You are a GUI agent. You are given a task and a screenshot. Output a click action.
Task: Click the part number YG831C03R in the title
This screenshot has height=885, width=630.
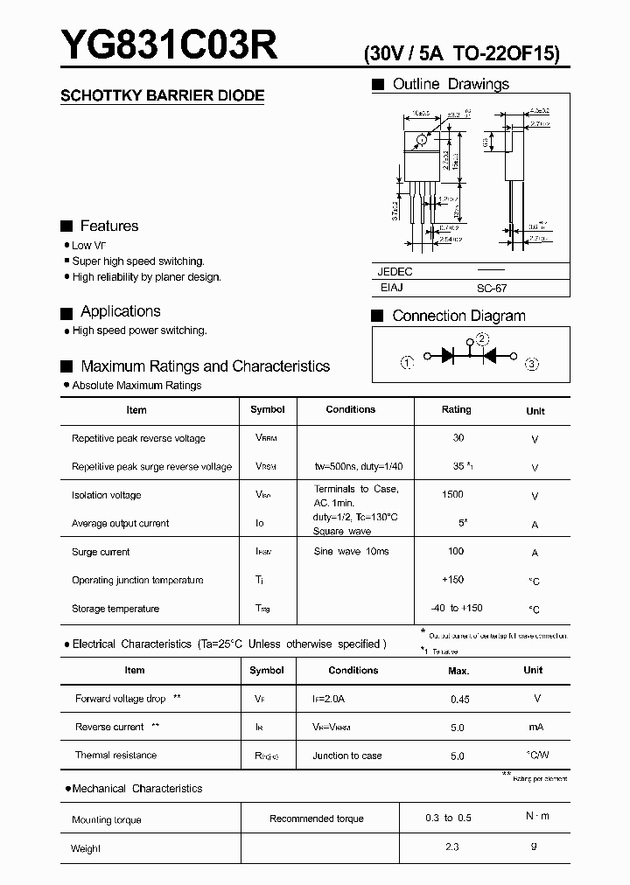coord(169,46)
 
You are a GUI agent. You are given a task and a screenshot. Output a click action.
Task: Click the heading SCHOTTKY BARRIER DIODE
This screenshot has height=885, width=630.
coord(162,96)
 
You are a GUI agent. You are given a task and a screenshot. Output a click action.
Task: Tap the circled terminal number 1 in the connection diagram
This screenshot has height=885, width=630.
coord(407,363)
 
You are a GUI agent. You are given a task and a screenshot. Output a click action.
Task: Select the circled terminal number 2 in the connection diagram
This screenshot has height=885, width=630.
coord(482,340)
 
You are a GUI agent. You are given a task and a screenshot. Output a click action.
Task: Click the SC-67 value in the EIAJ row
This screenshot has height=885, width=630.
coord(493,288)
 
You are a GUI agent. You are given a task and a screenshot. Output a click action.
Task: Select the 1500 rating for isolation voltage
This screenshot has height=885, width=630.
coord(452,495)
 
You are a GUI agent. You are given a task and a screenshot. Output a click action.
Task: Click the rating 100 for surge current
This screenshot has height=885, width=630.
coord(455,552)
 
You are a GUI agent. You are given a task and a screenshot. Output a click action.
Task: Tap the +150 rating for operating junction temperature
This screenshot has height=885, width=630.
coord(453,580)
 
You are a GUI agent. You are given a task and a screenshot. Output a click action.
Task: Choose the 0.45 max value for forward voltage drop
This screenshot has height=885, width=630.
coord(459,700)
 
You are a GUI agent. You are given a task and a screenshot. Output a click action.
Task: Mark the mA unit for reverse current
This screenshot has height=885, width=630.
coord(536,728)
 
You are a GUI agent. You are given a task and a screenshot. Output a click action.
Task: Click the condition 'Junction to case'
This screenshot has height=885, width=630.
coord(347,756)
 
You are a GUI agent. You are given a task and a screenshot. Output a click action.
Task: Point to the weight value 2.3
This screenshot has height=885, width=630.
coord(451,847)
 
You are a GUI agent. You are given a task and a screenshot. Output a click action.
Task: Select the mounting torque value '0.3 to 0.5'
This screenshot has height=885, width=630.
coord(448,818)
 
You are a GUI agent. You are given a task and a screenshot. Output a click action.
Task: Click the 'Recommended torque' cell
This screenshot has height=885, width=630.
coord(317,819)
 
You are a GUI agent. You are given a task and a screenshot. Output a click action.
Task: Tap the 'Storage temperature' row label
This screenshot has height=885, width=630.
coord(115,609)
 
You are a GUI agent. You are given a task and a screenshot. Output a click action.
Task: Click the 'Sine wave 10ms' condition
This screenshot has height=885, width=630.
coord(352,552)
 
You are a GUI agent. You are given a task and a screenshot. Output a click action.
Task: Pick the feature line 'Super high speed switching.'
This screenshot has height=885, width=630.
coord(138,261)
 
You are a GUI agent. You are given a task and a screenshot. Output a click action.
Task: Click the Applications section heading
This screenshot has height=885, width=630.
coord(121,311)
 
